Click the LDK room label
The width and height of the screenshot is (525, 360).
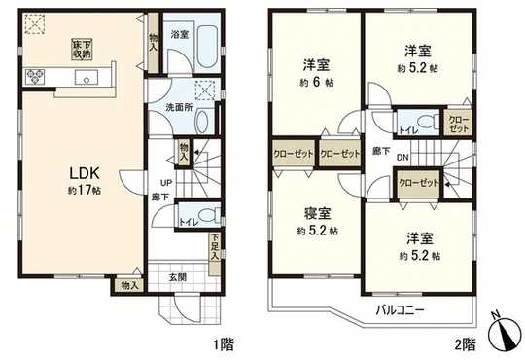80,173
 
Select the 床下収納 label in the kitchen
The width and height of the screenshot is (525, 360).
80,47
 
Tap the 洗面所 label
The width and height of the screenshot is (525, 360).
175,106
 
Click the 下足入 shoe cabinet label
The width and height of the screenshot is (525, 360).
214,243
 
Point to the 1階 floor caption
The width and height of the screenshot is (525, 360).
225,343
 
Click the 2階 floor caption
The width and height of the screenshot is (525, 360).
464,343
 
